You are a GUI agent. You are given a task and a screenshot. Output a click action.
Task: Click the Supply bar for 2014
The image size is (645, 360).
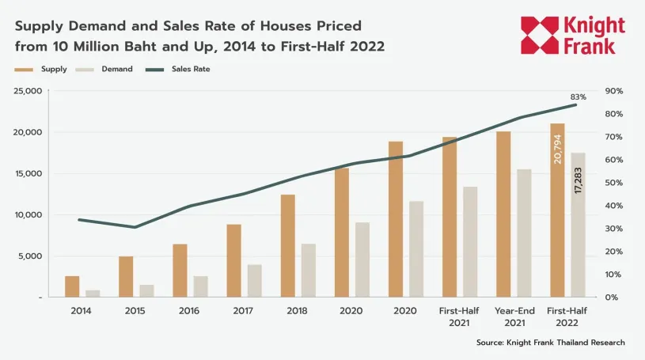(x=72, y=286)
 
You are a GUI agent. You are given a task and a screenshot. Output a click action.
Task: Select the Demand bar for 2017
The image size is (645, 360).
(x=254, y=281)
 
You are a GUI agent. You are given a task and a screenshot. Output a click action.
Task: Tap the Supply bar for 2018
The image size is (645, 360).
(x=287, y=245)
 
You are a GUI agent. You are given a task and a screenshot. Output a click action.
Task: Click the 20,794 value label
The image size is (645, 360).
(x=557, y=149)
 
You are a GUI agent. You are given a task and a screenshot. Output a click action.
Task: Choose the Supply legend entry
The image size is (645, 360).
(x=42, y=70)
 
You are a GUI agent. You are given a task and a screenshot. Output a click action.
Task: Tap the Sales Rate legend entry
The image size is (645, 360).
(x=177, y=70)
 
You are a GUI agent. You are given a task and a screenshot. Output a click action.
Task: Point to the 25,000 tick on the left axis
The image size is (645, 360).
(x=28, y=91)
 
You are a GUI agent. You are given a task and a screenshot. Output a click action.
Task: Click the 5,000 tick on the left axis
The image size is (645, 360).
(x=32, y=256)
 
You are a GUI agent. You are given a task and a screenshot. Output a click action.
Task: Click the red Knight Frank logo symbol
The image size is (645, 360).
(x=541, y=36)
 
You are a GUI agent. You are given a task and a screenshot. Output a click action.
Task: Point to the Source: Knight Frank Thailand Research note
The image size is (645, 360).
(x=551, y=343)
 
